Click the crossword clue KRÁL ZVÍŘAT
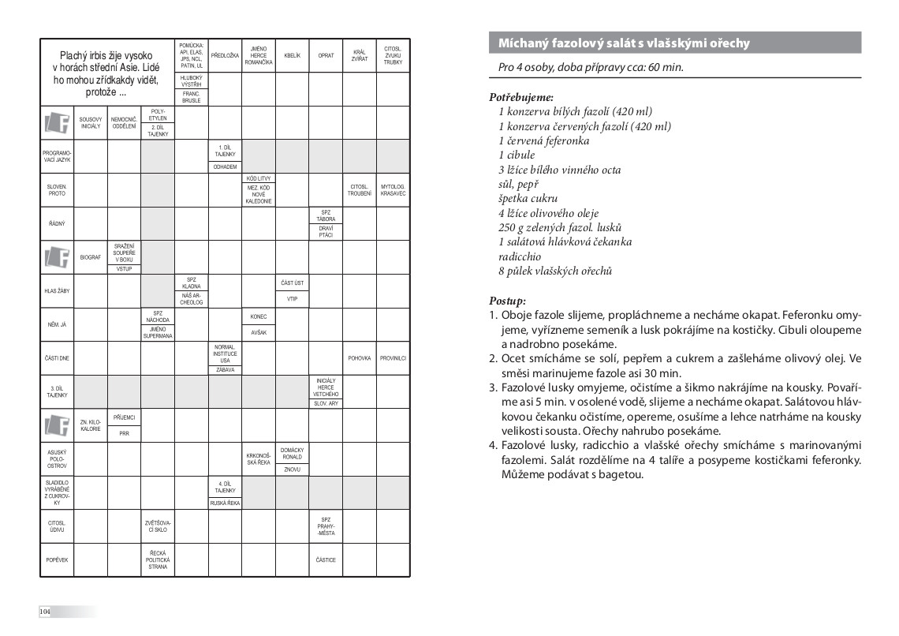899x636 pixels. point(360,56)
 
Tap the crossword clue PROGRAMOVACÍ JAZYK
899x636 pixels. point(57,156)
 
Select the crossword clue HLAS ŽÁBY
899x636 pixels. point(57,291)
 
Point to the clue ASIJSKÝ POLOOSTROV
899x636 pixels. point(57,459)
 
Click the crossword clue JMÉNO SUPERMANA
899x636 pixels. point(158,332)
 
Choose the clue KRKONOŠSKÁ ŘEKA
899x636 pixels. point(259,459)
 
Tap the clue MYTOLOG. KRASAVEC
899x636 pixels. point(393,190)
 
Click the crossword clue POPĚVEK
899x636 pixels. point(57,560)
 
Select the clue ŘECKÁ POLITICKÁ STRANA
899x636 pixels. point(158,560)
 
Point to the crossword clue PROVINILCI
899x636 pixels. point(393,358)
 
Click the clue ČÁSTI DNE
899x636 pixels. point(57,358)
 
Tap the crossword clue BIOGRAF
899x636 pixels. point(91,257)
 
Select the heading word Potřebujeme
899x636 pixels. point(520,97)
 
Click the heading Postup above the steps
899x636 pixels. point(507,301)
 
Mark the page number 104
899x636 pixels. point(45,612)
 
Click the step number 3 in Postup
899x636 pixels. point(494,387)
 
